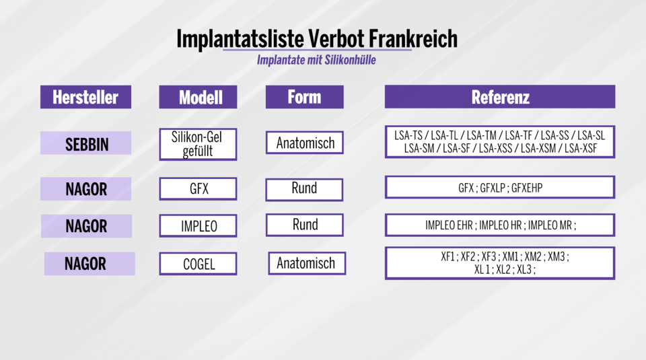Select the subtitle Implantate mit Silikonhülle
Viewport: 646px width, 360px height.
(316, 60)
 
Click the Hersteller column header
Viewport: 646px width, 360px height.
(85, 97)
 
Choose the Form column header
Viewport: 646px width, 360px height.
(304, 97)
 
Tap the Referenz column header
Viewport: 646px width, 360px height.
(500, 97)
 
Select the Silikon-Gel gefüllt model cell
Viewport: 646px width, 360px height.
(198, 144)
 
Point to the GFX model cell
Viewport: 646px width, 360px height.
(198, 189)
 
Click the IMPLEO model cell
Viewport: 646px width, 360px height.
(198, 226)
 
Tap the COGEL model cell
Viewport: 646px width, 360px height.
(198, 264)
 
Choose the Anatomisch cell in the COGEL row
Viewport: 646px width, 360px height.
(306, 263)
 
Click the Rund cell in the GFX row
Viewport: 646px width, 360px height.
(304, 188)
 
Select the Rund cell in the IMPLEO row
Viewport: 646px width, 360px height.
(305, 225)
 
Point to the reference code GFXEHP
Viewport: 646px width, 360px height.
(526, 188)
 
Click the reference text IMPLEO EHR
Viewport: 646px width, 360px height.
(449, 225)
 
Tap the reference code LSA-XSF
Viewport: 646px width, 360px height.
(581, 149)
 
